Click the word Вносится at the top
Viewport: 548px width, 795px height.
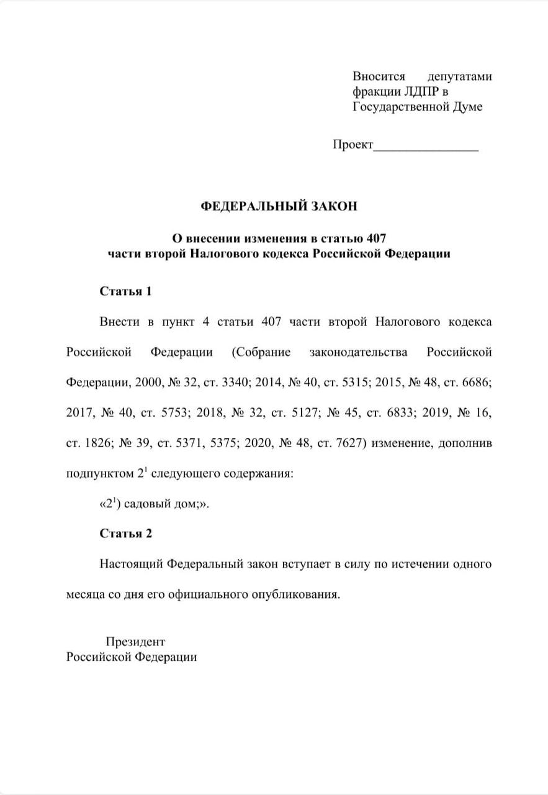tap(379, 76)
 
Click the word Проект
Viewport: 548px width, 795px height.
tap(353, 145)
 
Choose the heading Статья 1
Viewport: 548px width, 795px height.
tap(125, 291)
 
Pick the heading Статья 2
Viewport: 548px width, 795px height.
tap(125, 534)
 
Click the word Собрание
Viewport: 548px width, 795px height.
tap(261, 352)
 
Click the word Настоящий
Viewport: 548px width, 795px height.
tap(129, 564)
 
